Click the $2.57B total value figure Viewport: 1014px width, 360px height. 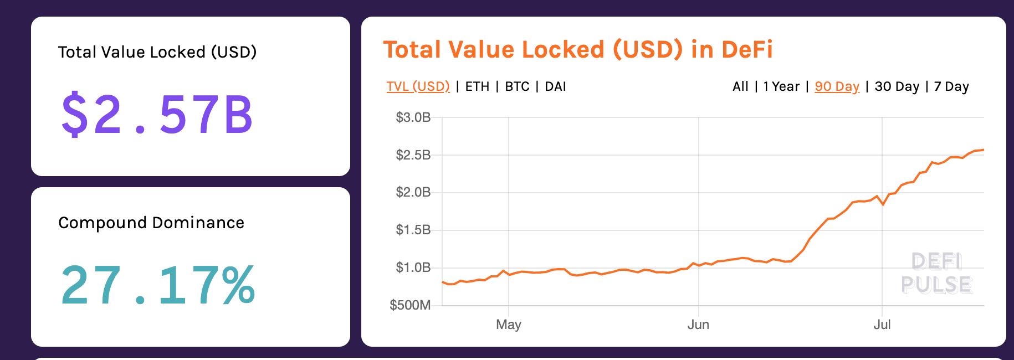(x=157, y=115)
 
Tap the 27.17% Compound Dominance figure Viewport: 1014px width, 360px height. (x=158, y=286)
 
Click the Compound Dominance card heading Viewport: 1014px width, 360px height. (x=151, y=223)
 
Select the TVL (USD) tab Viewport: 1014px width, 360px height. (x=418, y=86)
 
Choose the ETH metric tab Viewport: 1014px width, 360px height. (x=477, y=86)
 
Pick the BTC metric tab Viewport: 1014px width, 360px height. (x=517, y=86)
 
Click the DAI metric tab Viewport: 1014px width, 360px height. (x=555, y=86)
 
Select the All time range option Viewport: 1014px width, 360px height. (x=740, y=86)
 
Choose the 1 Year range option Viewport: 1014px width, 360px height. (x=781, y=86)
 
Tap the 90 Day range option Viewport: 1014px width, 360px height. (x=837, y=86)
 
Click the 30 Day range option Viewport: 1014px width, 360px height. (x=897, y=86)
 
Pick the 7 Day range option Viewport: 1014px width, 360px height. (x=951, y=86)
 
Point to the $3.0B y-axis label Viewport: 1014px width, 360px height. (x=413, y=117)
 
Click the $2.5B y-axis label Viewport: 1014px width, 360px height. (x=413, y=155)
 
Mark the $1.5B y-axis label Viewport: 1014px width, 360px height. (x=413, y=230)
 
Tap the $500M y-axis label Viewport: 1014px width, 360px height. (x=410, y=305)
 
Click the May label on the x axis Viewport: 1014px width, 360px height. (x=508, y=325)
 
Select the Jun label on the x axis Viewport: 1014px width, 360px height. (x=698, y=325)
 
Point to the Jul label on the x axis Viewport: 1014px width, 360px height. (x=882, y=325)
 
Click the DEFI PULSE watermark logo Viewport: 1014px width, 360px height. (x=936, y=273)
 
